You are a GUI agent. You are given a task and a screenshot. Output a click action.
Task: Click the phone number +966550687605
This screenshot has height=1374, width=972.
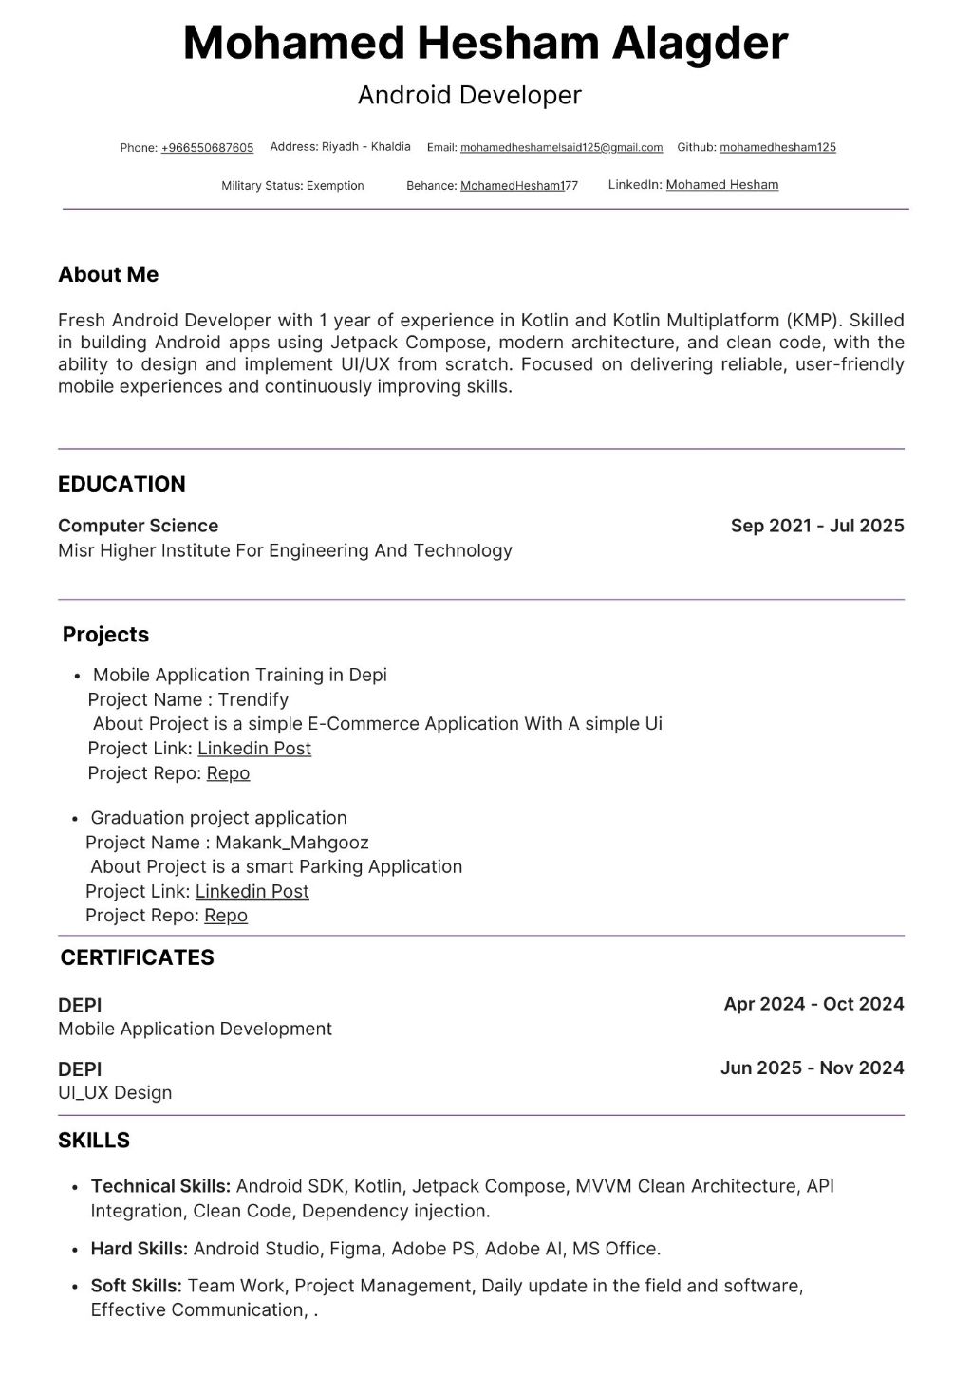[x=207, y=148]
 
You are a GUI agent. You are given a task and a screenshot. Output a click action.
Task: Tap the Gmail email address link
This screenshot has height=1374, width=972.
[x=561, y=148]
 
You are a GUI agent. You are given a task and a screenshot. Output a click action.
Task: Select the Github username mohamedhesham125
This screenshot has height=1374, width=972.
[x=777, y=147]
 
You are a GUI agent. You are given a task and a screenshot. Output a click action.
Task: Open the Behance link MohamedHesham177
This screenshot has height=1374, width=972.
[x=518, y=186]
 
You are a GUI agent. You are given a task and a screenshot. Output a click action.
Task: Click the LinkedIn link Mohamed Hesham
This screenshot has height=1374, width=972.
[x=721, y=185]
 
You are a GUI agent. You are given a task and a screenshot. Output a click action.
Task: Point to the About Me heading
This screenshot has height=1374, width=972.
[x=108, y=274]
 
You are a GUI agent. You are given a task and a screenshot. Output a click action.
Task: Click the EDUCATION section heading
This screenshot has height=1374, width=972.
[x=121, y=484]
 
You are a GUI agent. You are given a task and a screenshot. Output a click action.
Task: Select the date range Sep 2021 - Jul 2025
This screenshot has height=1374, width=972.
[x=816, y=526]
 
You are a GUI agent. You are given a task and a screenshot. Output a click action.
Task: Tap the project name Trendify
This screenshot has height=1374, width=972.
[x=252, y=699]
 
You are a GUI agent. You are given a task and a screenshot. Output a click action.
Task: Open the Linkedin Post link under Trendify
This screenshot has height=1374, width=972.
[x=254, y=749]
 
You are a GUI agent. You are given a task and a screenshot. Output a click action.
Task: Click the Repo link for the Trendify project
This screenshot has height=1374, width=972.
[x=228, y=773]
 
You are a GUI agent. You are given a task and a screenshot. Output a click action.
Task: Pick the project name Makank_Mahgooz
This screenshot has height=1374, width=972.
[x=291, y=843]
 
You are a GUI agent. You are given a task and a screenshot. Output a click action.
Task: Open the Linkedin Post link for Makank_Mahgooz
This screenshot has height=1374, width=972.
[x=252, y=891]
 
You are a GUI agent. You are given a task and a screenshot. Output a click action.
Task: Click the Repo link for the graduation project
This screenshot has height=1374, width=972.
[x=226, y=916]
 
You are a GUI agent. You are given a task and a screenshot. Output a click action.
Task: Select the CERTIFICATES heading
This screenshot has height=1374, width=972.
[x=137, y=957]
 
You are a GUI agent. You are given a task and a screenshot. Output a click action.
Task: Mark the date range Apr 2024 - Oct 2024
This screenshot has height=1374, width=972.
[x=813, y=1004]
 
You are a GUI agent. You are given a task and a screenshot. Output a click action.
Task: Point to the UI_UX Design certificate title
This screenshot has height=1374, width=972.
[x=115, y=1092]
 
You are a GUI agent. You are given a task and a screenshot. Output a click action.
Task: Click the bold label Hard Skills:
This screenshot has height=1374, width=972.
[x=139, y=1249]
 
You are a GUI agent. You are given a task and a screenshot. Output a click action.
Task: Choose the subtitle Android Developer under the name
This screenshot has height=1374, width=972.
[x=469, y=95]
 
